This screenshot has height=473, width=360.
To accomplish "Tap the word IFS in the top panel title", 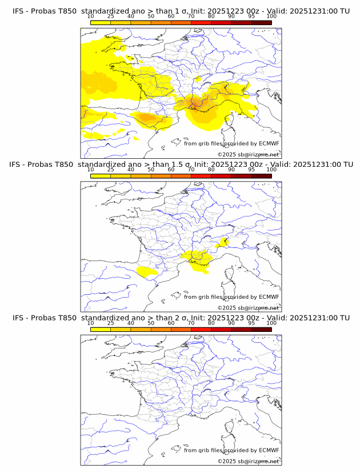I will (x=19, y=11).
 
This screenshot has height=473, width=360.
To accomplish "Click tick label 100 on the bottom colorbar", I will (x=271, y=323).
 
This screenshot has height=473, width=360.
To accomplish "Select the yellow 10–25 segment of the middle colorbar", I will (x=101, y=175).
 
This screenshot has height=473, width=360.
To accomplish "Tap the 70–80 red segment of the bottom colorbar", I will (x=201, y=329).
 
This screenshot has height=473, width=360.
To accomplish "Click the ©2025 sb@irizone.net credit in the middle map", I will (x=249, y=308).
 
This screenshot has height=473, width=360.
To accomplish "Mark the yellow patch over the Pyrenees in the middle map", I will (x=146, y=272).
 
